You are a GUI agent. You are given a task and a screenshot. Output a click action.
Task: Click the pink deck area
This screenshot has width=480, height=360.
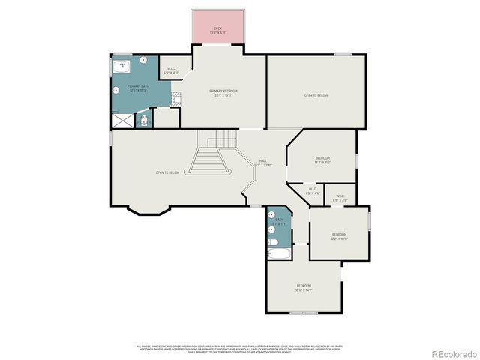point(218,28)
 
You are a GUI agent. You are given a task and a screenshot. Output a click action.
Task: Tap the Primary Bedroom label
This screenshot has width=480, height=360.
point(224,92)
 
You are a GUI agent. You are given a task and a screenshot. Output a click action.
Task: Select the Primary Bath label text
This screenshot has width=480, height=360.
point(136,88)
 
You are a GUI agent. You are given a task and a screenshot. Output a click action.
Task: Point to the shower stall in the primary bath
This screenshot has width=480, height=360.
point(121,118)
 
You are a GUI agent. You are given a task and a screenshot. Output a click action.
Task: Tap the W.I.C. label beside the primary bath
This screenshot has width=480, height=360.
point(171,69)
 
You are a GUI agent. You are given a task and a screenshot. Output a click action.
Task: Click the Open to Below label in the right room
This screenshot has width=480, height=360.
point(316,95)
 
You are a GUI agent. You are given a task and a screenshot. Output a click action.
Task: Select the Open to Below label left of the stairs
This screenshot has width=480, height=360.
point(166,172)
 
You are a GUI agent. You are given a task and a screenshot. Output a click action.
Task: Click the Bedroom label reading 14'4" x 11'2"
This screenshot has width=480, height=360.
point(322,160)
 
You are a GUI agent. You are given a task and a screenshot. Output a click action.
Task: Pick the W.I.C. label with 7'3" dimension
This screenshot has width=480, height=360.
point(313,191)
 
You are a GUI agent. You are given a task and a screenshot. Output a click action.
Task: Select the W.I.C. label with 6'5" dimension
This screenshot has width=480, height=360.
point(340,198)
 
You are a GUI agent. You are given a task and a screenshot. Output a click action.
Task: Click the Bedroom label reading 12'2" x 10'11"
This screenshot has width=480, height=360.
point(340,236)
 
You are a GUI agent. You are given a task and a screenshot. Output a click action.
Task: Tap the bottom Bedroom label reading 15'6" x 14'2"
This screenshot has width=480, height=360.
point(304,287)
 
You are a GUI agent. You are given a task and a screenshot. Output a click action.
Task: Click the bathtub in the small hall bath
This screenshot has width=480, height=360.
point(274,253)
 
